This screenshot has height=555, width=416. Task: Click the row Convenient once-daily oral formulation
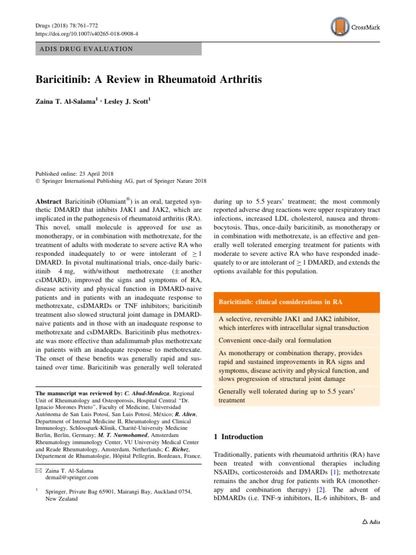click(276, 340)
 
